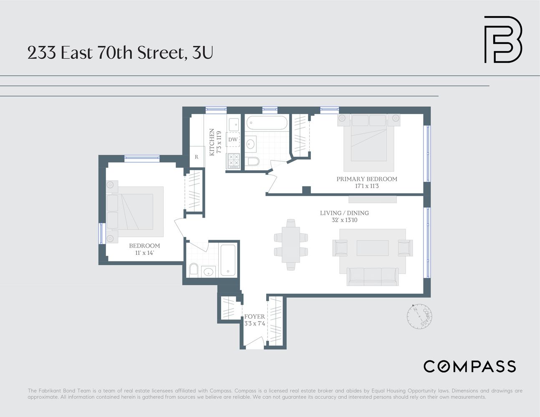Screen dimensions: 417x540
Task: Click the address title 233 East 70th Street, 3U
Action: (120, 53)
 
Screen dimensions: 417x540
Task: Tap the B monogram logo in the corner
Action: (502, 40)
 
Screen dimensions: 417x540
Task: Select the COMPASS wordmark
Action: (469, 367)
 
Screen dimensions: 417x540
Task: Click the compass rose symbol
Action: (419, 316)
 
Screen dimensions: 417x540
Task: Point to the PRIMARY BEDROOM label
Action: (366, 179)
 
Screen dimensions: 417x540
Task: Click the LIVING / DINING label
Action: (344, 213)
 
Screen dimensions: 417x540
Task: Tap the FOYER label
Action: (254, 317)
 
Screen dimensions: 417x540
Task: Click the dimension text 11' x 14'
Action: (144, 253)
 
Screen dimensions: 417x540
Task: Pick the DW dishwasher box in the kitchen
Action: (233, 140)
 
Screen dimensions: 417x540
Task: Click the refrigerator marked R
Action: (197, 157)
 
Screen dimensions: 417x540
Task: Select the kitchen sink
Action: (234, 123)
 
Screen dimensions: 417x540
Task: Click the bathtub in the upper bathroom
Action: (267, 123)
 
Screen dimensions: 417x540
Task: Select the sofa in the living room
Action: (372, 276)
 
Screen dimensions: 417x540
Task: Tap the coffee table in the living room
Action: (372, 248)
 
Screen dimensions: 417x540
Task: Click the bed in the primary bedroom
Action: (368, 142)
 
